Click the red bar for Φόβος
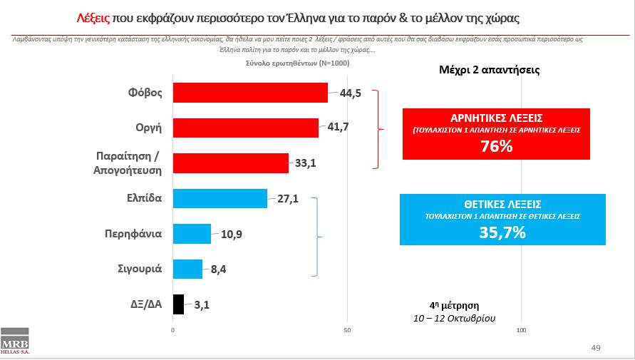250,93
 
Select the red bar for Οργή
245,128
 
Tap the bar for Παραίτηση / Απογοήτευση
230,163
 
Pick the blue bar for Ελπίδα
220,198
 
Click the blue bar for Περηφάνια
192,233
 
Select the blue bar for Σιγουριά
187,269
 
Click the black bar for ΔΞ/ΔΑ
178,304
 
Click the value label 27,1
288,199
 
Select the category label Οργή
148,128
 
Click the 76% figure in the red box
496,146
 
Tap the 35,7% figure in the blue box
502,232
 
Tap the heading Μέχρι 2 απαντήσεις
487,71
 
